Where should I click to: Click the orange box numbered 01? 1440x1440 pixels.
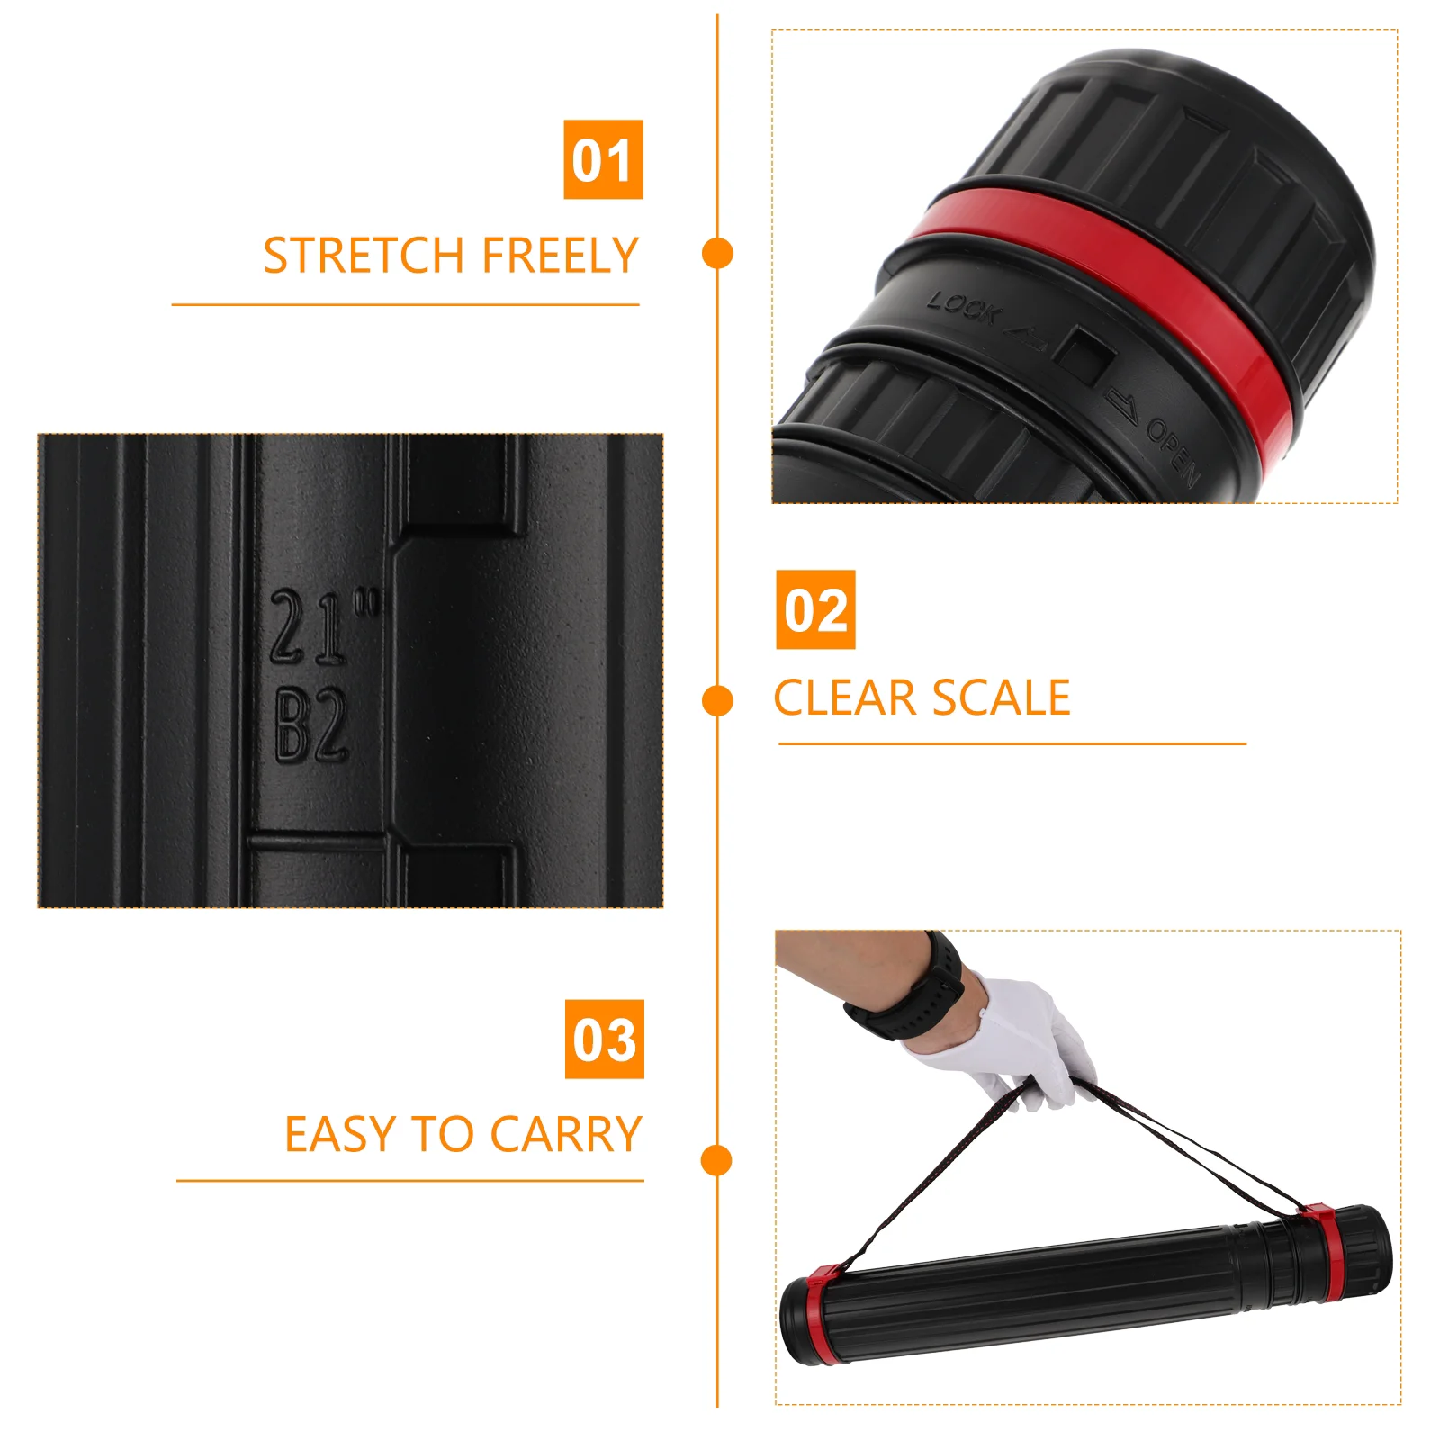click(603, 159)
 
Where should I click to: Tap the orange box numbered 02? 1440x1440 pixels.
click(815, 609)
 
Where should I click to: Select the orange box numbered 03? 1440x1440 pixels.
click(605, 1039)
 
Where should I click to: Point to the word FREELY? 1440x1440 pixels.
click(560, 256)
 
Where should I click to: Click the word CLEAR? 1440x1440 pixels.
click(845, 698)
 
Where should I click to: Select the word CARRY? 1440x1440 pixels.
click(566, 1134)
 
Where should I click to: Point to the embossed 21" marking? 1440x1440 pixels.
click(324, 626)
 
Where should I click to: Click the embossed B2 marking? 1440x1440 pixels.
click(311, 725)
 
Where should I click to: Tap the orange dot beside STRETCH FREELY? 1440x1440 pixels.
click(717, 253)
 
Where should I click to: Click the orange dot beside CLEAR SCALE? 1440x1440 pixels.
click(717, 701)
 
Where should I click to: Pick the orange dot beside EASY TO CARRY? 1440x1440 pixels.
click(717, 1160)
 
